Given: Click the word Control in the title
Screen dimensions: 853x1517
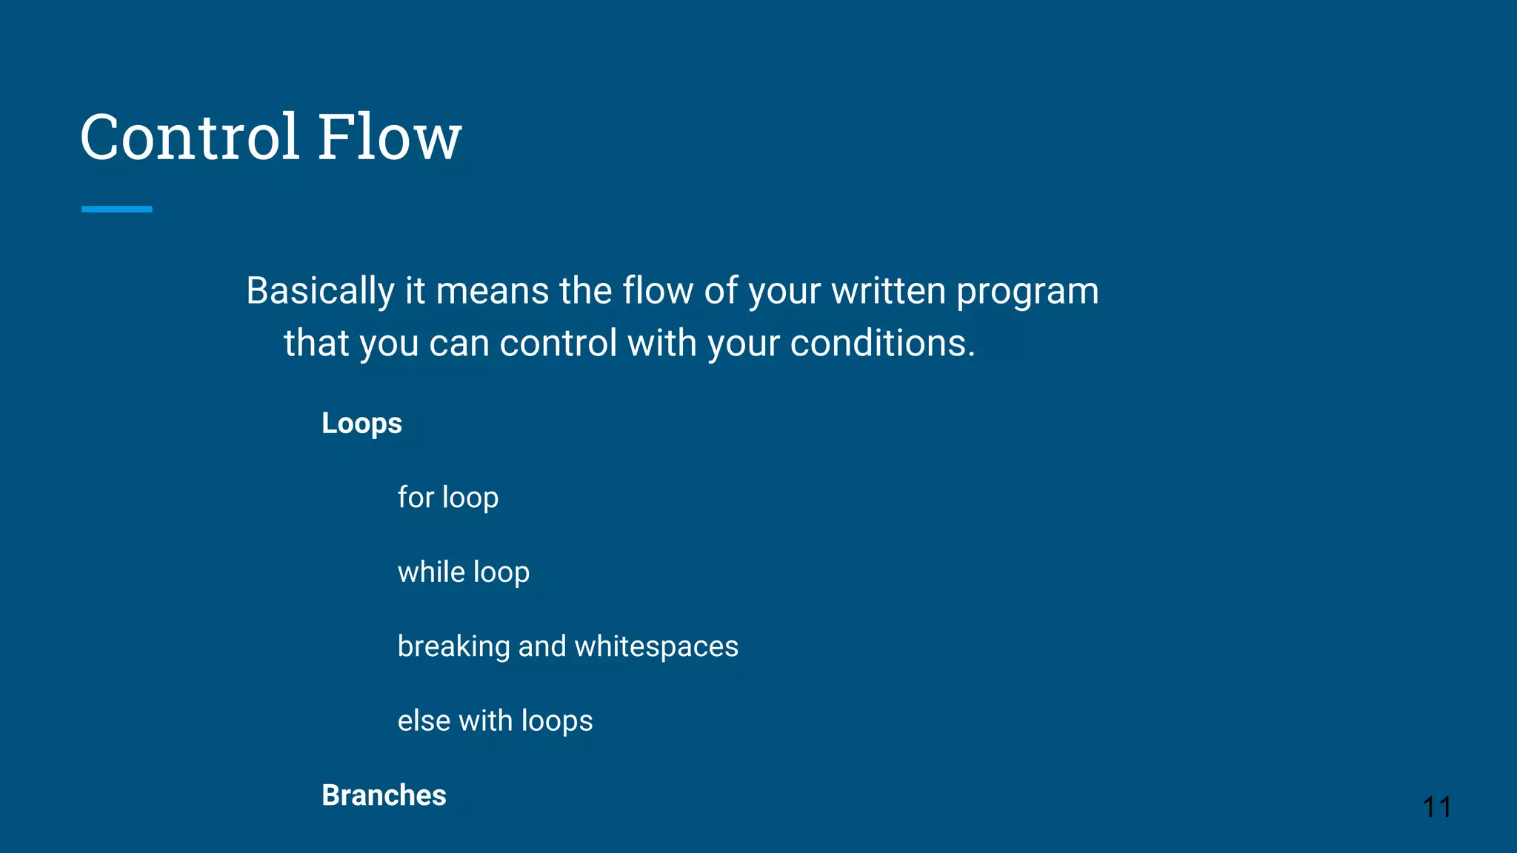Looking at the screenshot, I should tap(190, 137).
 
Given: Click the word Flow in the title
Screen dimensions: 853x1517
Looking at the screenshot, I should tap(390, 137).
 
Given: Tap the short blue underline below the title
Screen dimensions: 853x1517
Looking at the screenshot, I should tap(117, 210).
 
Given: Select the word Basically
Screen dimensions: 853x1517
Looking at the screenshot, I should tap(320, 291).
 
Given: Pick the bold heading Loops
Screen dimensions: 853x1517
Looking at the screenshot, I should tap(361, 424).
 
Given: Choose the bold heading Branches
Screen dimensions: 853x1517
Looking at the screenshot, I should tap(384, 795).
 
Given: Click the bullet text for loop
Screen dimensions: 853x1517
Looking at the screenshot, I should tap(447, 498).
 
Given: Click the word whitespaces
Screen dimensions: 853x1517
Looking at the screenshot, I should tap(656, 647).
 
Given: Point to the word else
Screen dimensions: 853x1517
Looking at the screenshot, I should tap(424, 721).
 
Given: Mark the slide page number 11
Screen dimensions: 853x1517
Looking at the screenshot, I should tap(1436, 807).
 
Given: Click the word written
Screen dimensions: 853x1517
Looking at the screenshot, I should tap(888, 291).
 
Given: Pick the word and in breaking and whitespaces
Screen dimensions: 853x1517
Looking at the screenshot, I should tap(541, 646).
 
